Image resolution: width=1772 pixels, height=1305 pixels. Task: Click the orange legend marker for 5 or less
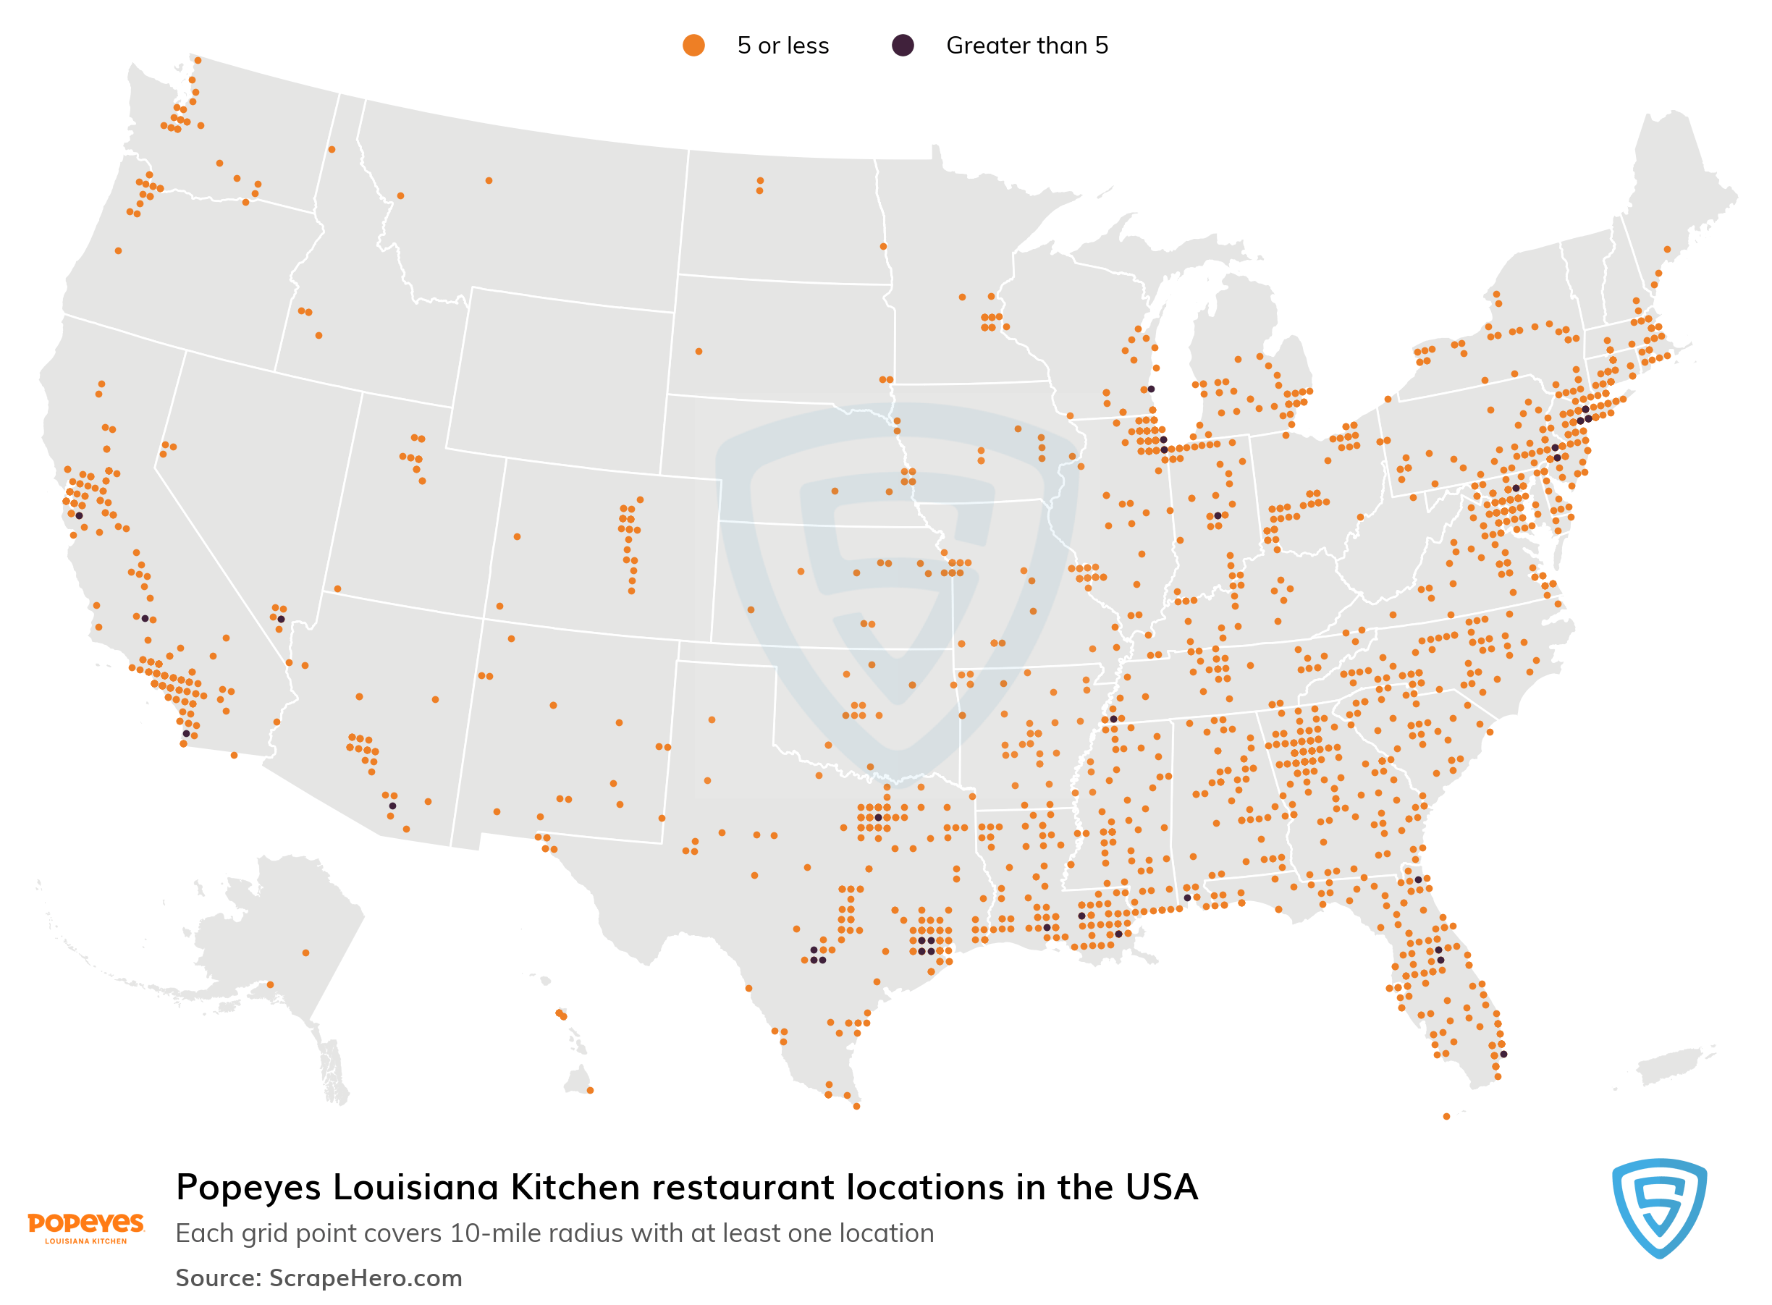693,45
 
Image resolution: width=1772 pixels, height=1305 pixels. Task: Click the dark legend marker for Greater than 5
902,45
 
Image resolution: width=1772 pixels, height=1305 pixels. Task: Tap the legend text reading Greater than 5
1026,46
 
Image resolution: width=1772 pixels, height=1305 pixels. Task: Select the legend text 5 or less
782,46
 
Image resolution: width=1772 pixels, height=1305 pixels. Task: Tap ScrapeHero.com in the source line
365,1277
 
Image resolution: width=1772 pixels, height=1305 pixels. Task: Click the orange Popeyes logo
85,1227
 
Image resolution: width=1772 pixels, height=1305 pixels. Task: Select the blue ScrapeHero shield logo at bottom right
1658,1208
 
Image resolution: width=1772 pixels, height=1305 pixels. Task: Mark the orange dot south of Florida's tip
1446,1116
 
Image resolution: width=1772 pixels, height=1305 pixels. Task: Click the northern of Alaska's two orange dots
305,953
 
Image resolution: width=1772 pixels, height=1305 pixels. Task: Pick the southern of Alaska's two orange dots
270,984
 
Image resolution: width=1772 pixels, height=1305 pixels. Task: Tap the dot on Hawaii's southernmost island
590,1090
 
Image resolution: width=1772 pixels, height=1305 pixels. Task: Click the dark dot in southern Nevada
280,620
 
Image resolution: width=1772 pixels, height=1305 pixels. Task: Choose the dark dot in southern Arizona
392,806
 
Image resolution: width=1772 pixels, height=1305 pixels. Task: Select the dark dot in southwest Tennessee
1113,719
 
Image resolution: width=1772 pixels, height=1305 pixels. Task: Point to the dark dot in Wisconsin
1151,389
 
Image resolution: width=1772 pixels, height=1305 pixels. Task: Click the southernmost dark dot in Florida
1503,1054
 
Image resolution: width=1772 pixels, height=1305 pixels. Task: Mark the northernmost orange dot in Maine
1667,250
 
